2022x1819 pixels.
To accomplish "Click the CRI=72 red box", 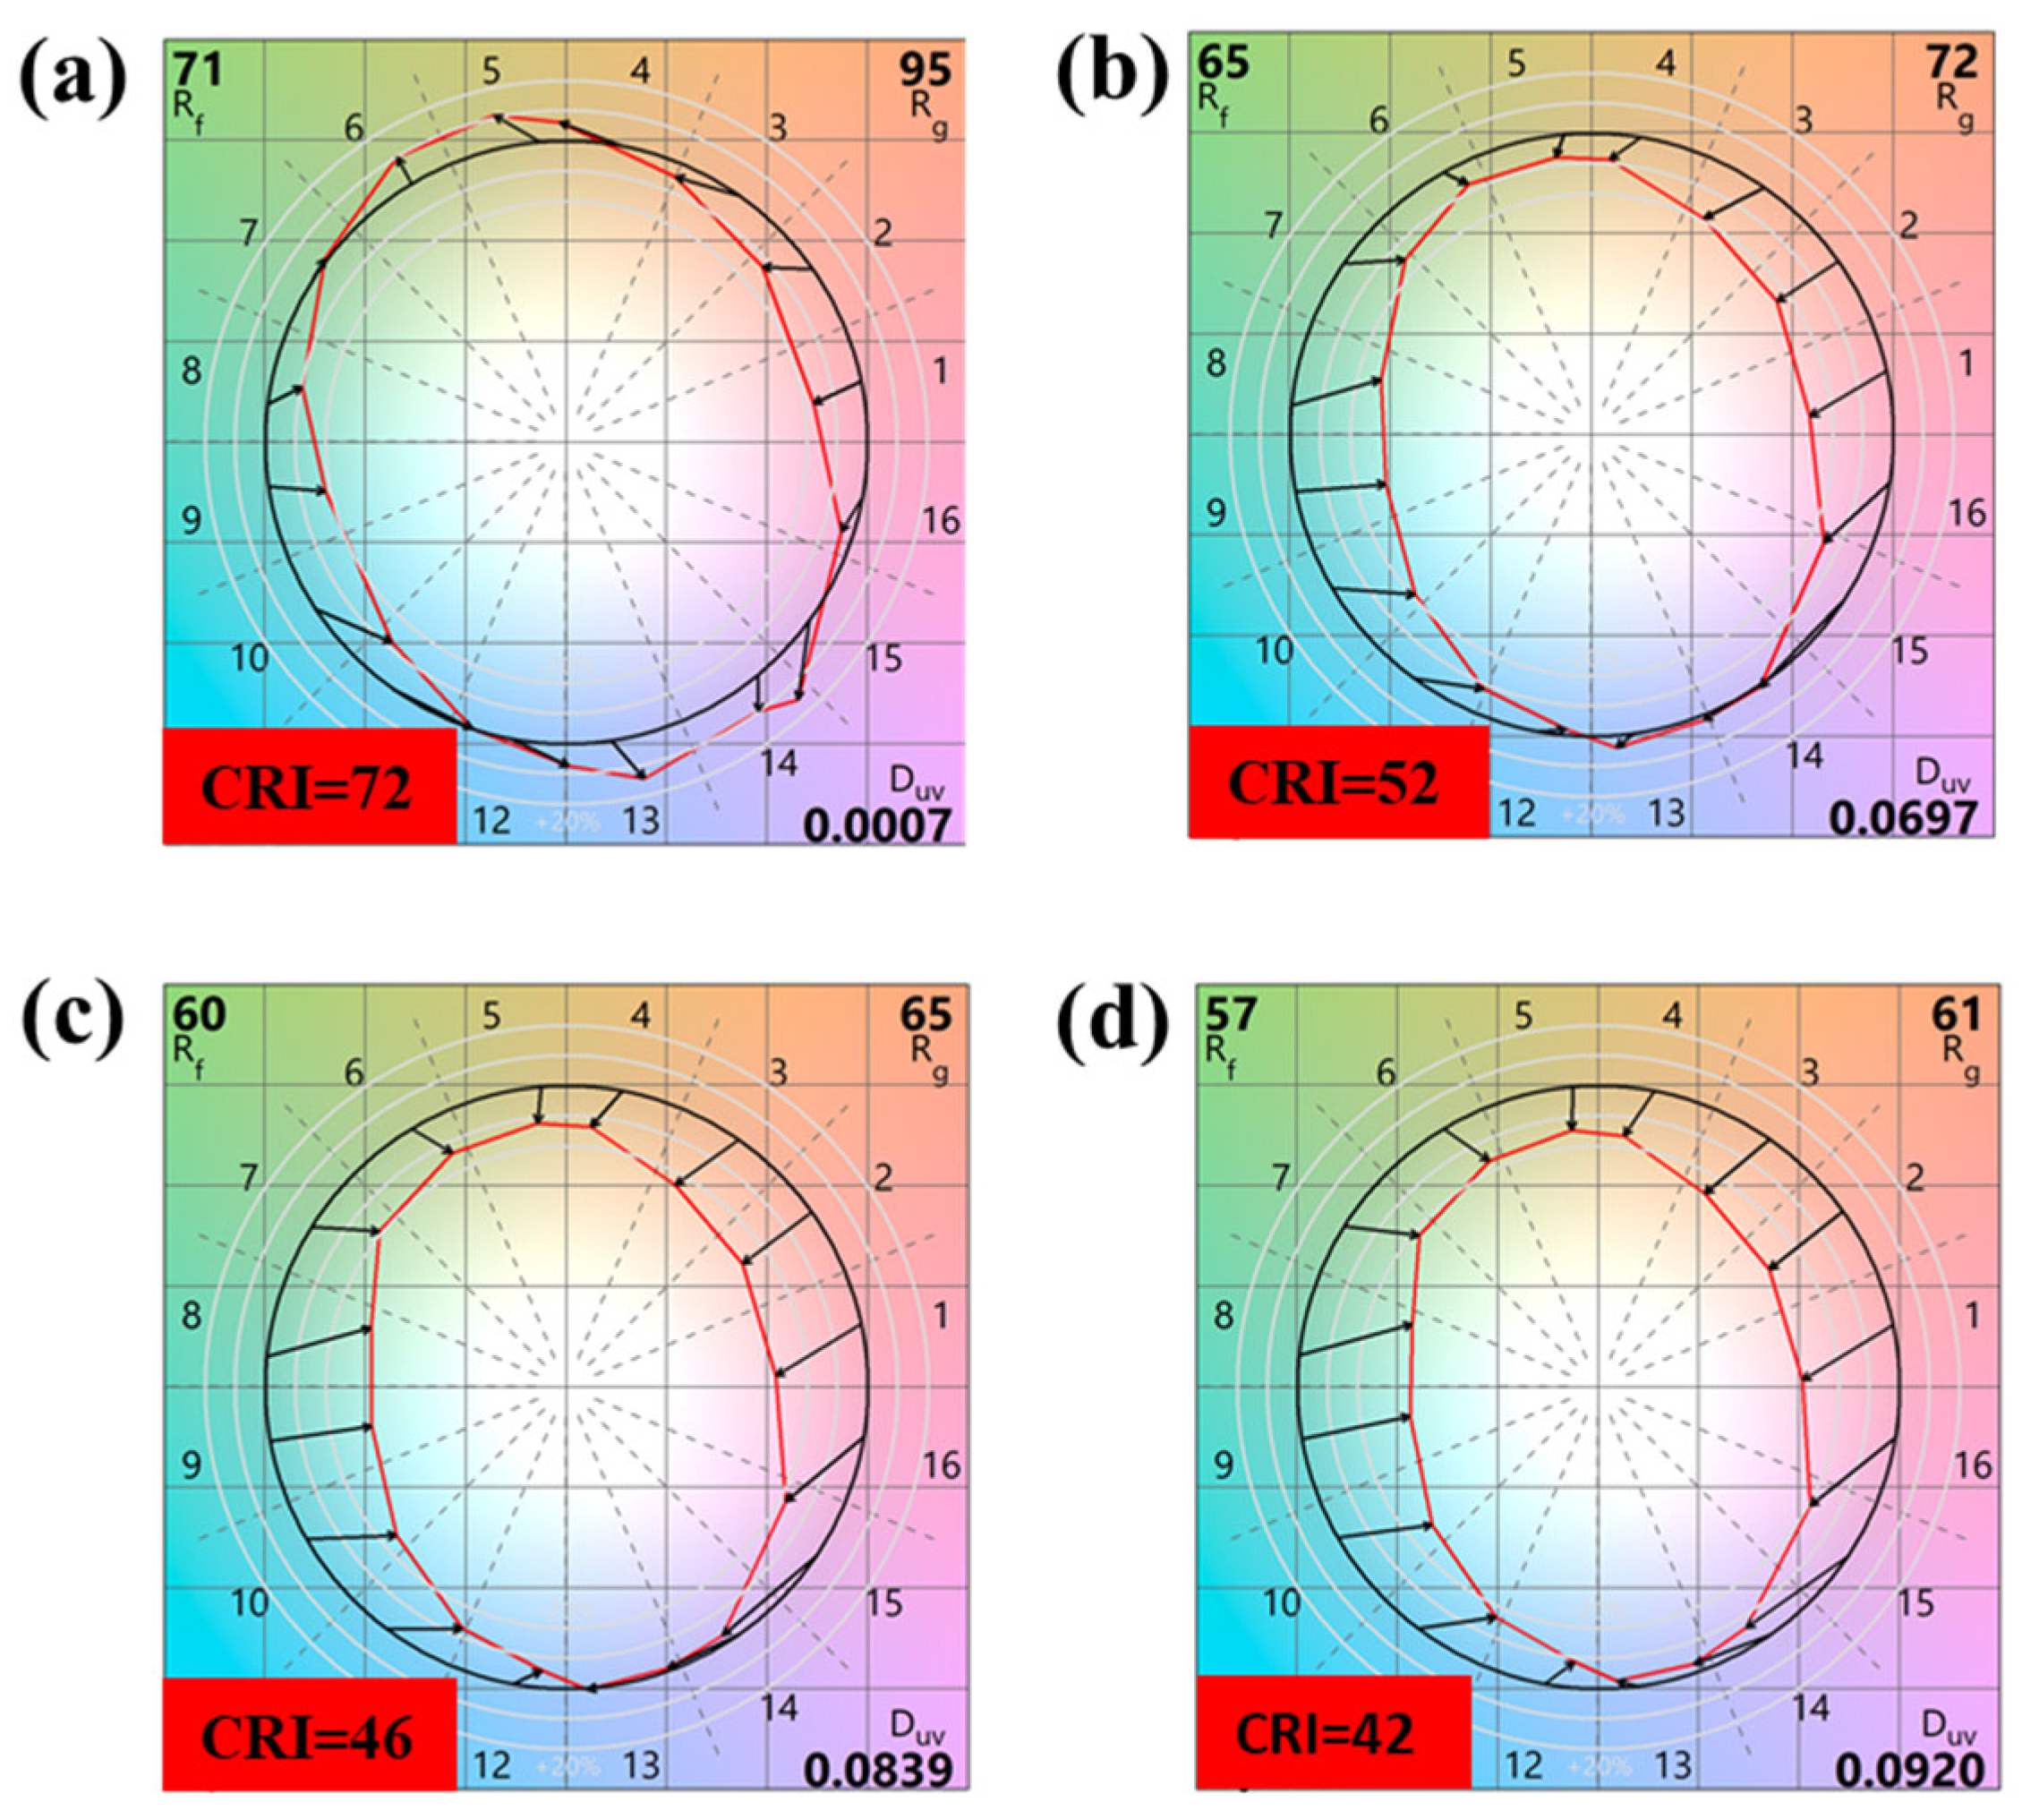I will (309, 787).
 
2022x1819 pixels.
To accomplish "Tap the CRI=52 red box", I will (1337, 781).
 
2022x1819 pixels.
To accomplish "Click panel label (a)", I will (73, 79).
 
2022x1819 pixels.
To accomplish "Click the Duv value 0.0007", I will (875, 825).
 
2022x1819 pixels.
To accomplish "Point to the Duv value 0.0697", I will (1903, 818).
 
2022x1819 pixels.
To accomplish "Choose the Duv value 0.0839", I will (875, 1770).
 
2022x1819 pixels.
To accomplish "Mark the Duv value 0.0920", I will (1908, 1770).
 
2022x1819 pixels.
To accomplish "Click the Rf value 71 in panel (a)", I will (197, 70).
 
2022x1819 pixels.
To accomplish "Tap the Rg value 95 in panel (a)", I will (924, 70).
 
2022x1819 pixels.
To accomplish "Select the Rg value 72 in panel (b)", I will (1951, 63).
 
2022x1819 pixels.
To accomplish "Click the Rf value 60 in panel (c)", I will (199, 1013).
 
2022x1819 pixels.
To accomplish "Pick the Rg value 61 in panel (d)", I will (1954, 1014).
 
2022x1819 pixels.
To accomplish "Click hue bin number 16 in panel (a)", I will (941, 521).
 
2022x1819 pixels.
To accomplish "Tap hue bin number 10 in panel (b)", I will (1274, 651).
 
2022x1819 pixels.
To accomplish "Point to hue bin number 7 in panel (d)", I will (1279, 1177).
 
